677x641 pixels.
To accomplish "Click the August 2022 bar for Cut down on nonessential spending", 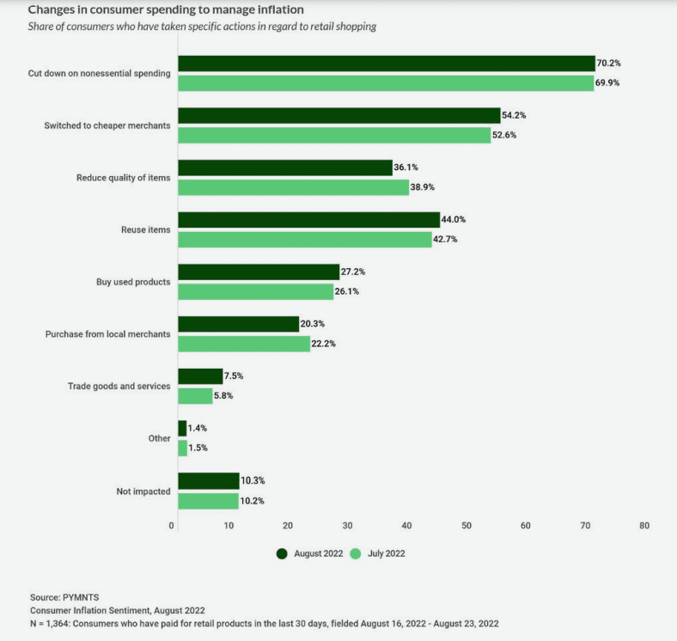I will (386, 63).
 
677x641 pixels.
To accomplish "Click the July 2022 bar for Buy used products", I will (255, 291).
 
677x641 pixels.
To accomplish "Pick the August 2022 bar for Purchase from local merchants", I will (238, 324).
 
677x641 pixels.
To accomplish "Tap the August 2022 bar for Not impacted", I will (208, 480).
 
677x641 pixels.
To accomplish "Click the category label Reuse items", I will (146, 229).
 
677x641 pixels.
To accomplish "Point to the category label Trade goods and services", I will (119, 386).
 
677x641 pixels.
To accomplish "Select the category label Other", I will (159, 438).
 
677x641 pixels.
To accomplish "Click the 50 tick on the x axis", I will (466, 525).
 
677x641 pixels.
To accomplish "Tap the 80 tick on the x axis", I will (643, 525).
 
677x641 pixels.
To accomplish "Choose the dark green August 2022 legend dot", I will (281, 553).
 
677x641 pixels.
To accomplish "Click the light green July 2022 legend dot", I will (357, 553).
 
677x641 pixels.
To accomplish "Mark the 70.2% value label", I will (609, 63).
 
